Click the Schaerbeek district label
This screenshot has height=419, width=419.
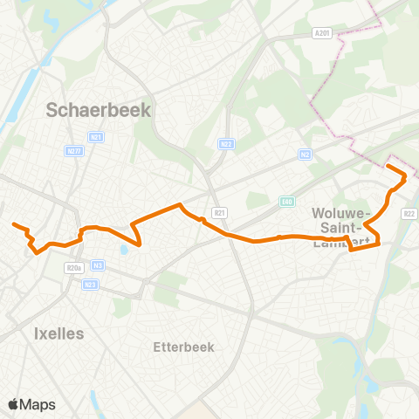[x=99, y=111]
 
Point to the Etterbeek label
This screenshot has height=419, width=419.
[x=183, y=347]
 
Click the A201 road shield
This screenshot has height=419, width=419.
[x=322, y=33]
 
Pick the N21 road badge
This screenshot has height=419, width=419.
[x=97, y=137]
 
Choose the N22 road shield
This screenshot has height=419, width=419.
[x=227, y=144]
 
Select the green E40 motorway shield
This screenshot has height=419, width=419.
[x=287, y=202]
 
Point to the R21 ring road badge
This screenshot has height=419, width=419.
[x=220, y=212]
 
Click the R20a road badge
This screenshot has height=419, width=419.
[x=74, y=269]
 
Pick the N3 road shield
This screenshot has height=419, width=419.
[x=99, y=265]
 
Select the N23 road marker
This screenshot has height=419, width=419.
[x=91, y=284]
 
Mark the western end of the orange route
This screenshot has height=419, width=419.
[x=14, y=225]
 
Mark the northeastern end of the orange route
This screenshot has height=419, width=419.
[x=388, y=166]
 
